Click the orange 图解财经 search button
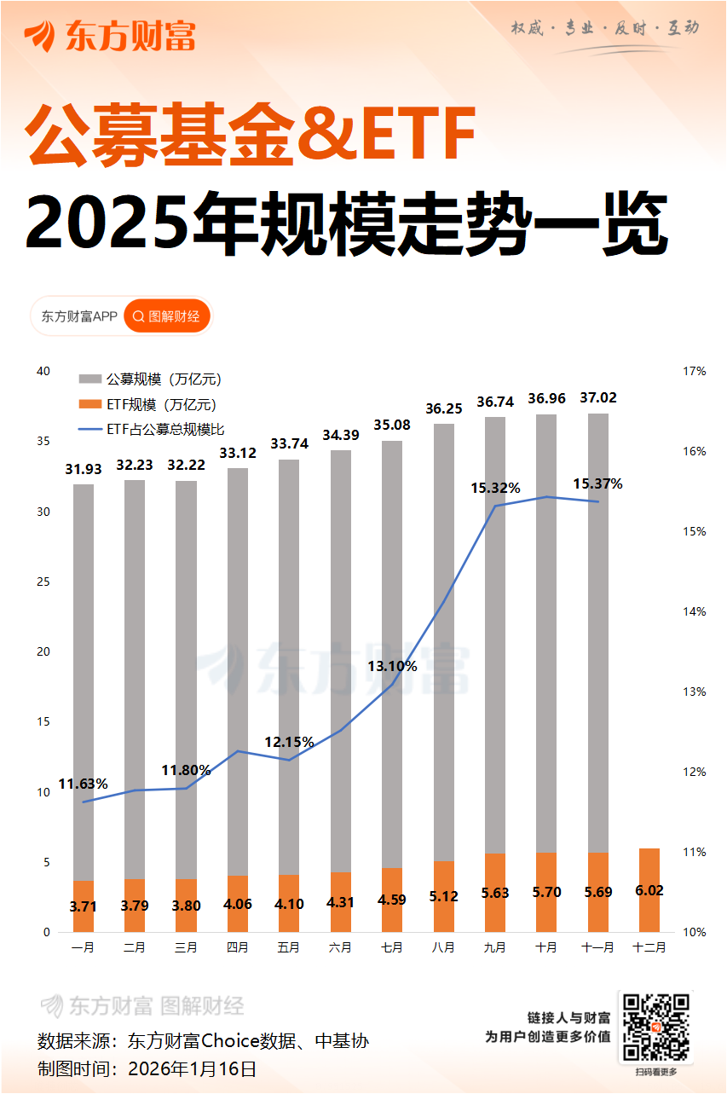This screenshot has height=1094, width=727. [x=166, y=316]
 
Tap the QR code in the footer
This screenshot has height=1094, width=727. [x=655, y=1027]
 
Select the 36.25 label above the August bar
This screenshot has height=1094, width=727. [x=444, y=408]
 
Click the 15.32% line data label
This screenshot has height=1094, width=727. [x=495, y=488]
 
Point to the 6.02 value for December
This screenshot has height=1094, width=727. [x=649, y=890]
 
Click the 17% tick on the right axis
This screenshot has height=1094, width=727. [x=694, y=372]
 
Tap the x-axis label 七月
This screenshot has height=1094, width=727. [x=391, y=947]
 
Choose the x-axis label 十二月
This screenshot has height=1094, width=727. [x=649, y=947]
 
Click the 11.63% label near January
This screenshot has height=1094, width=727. [x=83, y=784]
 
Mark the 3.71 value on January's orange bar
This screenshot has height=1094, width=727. [x=83, y=906]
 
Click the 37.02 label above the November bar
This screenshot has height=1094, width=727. [x=598, y=398]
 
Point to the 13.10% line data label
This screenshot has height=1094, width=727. [x=392, y=666]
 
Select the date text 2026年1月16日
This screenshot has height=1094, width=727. [x=192, y=1068]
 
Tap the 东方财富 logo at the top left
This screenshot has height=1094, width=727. [x=110, y=36]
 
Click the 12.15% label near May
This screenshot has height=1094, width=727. [x=289, y=742]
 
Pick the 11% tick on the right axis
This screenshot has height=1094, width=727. [x=694, y=853]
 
